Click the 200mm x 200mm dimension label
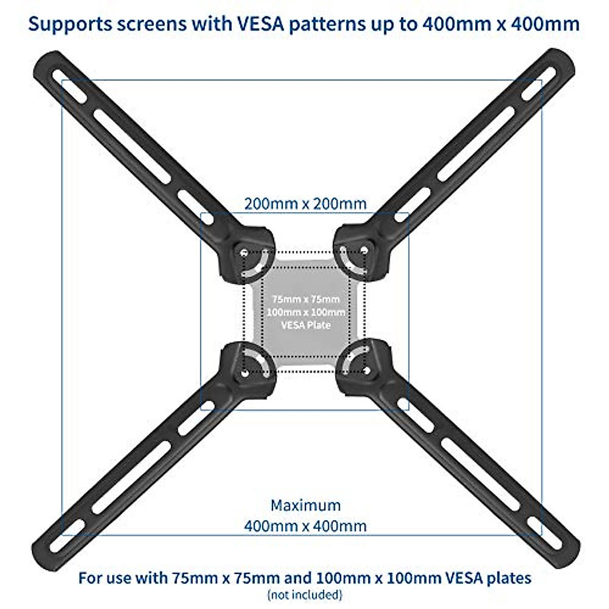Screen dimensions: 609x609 (x=305, y=204)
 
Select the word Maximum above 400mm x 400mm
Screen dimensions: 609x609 (x=305, y=505)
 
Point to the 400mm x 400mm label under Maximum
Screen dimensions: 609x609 (x=305, y=525)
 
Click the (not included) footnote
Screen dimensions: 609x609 (x=305, y=594)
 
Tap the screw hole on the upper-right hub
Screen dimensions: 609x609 (x=364, y=250)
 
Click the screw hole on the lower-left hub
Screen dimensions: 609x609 (x=245, y=374)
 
